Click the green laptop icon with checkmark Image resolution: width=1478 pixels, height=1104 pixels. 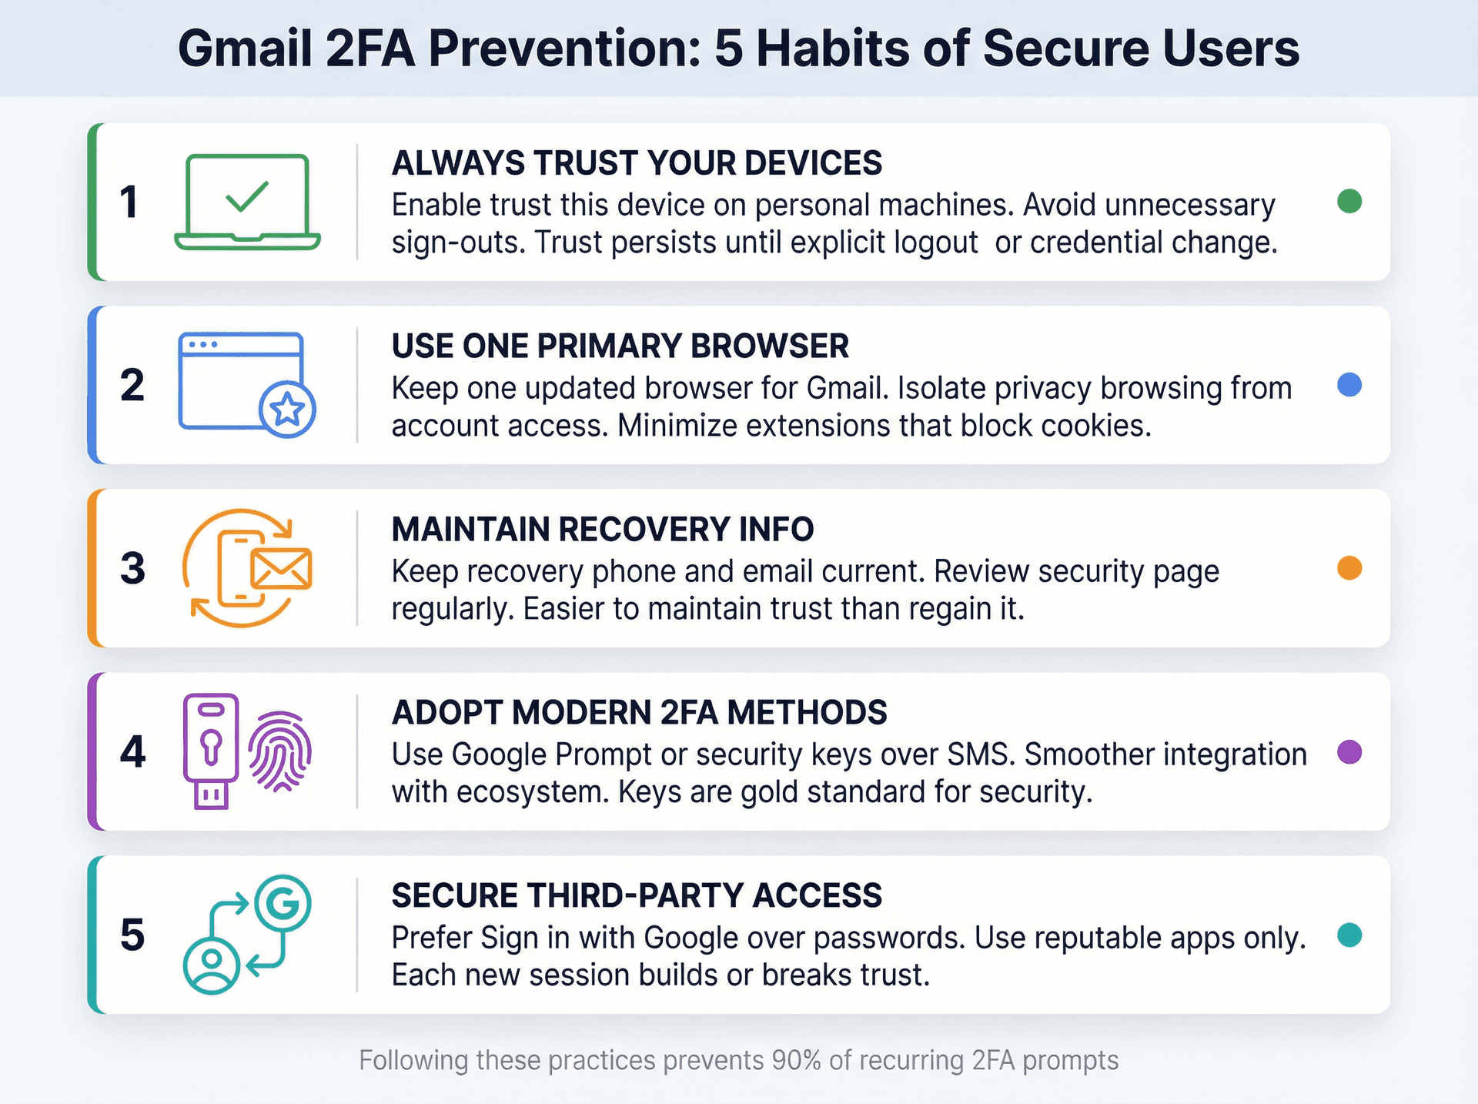tap(247, 201)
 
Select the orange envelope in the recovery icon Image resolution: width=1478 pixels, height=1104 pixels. tap(282, 569)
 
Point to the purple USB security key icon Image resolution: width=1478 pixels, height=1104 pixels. tap(210, 751)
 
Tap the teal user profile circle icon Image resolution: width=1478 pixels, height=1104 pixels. tap(211, 965)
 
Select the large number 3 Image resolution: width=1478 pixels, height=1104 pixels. tap(132, 569)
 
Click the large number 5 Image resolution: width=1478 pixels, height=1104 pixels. tap(132, 935)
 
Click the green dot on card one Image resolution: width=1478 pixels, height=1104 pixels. tap(1349, 202)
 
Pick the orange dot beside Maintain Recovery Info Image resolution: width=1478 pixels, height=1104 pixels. tap(1349, 568)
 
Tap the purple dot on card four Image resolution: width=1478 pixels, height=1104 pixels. tap(1349, 751)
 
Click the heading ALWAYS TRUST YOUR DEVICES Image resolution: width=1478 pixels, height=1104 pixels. tap(637, 163)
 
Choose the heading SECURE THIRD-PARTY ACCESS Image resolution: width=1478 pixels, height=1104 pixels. tap(637, 896)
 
